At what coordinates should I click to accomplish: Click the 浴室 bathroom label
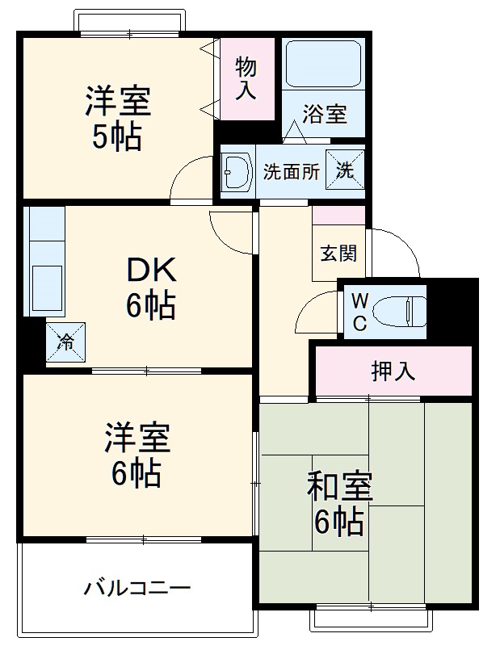325,115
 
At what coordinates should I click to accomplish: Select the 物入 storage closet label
246,78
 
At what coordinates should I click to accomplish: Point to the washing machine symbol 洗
344,170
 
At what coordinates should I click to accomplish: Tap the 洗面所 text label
291,171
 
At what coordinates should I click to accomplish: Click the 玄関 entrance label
338,253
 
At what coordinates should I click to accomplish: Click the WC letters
359,312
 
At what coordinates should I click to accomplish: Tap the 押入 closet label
393,371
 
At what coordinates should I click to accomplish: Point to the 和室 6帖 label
338,505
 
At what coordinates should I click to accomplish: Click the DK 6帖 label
149,288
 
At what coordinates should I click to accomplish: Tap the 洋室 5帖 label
118,118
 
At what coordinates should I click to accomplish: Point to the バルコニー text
137,587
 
